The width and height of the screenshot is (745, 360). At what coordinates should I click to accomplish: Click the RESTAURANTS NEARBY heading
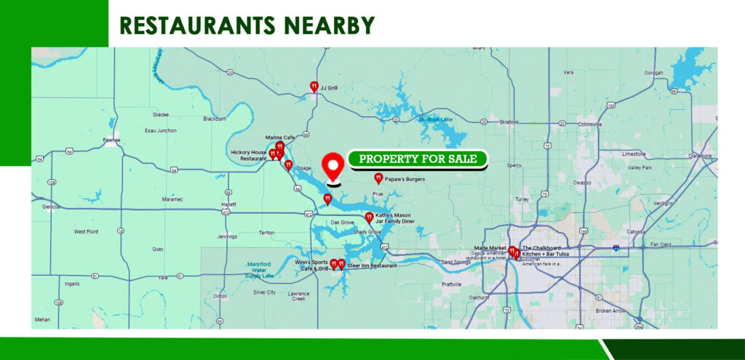coord(247,25)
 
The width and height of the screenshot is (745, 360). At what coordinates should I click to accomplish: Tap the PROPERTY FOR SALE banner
coord(418,159)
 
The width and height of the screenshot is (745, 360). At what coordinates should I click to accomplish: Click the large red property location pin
coord(333,167)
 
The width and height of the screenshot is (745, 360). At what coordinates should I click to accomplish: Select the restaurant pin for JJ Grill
coord(314,87)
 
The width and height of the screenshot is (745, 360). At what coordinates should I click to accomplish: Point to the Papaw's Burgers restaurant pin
coord(378,178)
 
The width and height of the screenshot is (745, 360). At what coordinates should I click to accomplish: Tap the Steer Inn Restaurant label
coord(372,266)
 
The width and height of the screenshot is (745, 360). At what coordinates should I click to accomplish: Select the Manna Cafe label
coord(279,137)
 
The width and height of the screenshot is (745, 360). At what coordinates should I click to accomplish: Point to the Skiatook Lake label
coord(435,119)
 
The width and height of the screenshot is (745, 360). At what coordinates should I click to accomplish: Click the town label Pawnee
coord(111,140)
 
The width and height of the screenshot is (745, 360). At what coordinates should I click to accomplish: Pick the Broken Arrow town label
coord(610,311)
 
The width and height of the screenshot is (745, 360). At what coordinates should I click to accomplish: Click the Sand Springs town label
coord(456,262)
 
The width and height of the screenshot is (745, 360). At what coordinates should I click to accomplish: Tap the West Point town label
coord(86,232)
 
